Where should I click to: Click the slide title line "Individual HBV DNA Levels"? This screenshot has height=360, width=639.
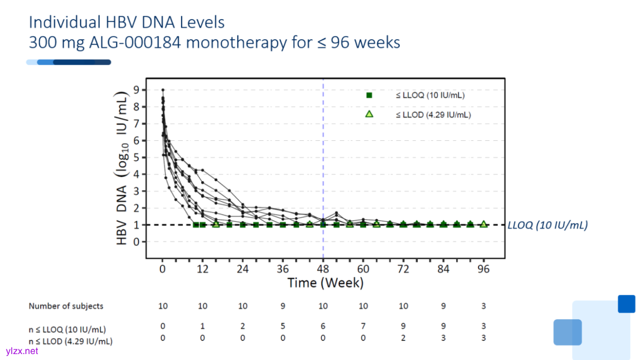click(127, 22)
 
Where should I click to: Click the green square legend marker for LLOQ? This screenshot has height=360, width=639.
click(369, 95)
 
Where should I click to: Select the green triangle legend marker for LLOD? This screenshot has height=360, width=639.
click(369, 114)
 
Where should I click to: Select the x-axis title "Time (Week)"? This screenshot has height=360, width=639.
click(325, 283)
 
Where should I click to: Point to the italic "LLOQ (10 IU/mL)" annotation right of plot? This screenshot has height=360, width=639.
click(547, 225)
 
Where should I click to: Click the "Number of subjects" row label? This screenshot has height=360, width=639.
click(66, 306)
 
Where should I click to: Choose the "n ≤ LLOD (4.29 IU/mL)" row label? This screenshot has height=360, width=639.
click(71, 341)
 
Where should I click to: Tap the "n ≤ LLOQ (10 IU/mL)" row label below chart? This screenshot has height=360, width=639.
click(67, 329)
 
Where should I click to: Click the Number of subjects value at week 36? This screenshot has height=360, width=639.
click(283, 306)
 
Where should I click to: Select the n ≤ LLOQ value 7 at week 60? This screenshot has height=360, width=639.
click(363, 326)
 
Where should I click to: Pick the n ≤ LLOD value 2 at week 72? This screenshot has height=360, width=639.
click(403, 337)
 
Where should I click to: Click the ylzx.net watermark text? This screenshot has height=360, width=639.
click(22, 351)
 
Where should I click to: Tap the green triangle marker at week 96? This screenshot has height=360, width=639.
click(483, 224)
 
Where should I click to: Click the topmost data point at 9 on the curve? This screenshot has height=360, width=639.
click(163, 90)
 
